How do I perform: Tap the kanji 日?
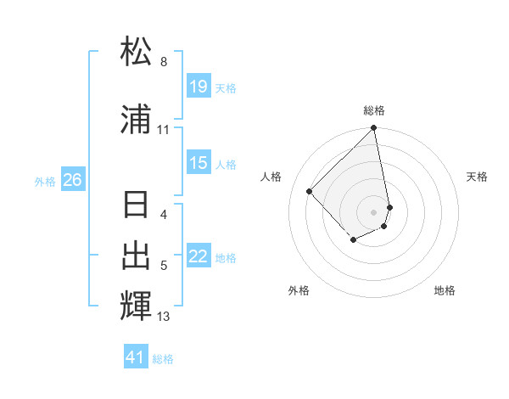137,205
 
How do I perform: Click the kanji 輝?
137,305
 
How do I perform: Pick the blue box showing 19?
198,87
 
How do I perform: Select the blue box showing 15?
198,163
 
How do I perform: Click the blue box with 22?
198,256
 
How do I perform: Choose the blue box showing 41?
136,357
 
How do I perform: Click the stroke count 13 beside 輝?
164,317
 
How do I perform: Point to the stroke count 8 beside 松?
164,62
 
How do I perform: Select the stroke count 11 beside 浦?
164,130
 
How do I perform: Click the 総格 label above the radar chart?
374,110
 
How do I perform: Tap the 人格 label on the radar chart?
271,177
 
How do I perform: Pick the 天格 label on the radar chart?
477,177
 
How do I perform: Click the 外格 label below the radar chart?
299,290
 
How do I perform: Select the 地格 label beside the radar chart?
445,290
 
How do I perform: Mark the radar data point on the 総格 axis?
374,129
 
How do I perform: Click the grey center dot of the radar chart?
374,211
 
